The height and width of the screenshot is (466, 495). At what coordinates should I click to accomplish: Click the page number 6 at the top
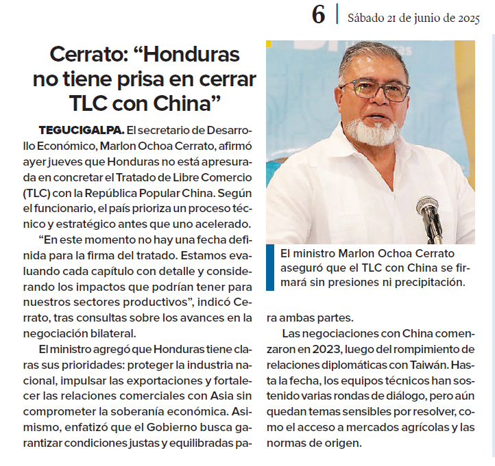click(x=318, y=15)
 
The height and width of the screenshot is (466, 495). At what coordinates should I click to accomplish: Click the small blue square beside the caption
click(x=274, y=252)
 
